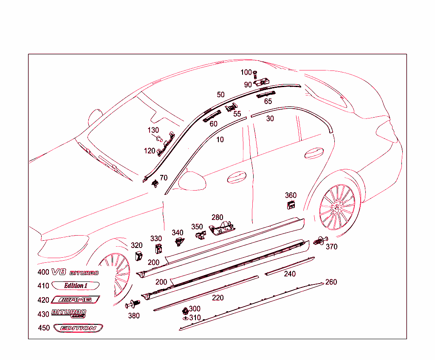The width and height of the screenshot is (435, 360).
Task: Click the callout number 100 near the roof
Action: (246, 73)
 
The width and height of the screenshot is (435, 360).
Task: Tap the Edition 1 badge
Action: (76, 285)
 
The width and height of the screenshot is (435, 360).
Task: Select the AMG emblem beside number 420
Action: (75, 300)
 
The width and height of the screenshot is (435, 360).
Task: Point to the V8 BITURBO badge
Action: (75, 273)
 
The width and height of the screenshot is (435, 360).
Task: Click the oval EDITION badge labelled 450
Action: (78, 328)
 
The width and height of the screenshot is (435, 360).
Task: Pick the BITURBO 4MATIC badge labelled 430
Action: (68, 313)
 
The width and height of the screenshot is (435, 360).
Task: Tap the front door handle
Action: (237, 177)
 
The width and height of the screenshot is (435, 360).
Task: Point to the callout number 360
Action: (291, 195)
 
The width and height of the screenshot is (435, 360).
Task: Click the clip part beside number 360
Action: (291, 205)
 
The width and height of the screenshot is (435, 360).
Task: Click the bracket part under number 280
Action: (222, 228)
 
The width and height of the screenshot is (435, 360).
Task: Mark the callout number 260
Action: (331, 282)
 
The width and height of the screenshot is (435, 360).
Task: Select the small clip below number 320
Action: (138, 256)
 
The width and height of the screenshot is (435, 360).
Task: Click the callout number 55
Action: (237, 114)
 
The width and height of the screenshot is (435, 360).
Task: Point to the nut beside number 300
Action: (185, 310)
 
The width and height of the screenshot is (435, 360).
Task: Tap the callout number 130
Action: (153, 130)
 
